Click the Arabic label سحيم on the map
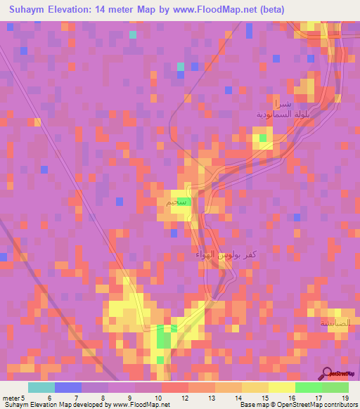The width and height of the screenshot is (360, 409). point(177,202)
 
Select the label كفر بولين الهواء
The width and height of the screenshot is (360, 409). point(220,254)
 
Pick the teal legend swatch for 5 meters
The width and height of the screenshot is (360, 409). point(41,387)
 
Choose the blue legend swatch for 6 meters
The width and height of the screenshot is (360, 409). point(67,387)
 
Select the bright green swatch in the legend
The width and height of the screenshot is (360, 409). point(308,387)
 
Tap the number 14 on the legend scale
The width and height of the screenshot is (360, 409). point(229,397)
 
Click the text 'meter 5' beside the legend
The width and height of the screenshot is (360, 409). point(13,397)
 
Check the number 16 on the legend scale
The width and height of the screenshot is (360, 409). point(282,397)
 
